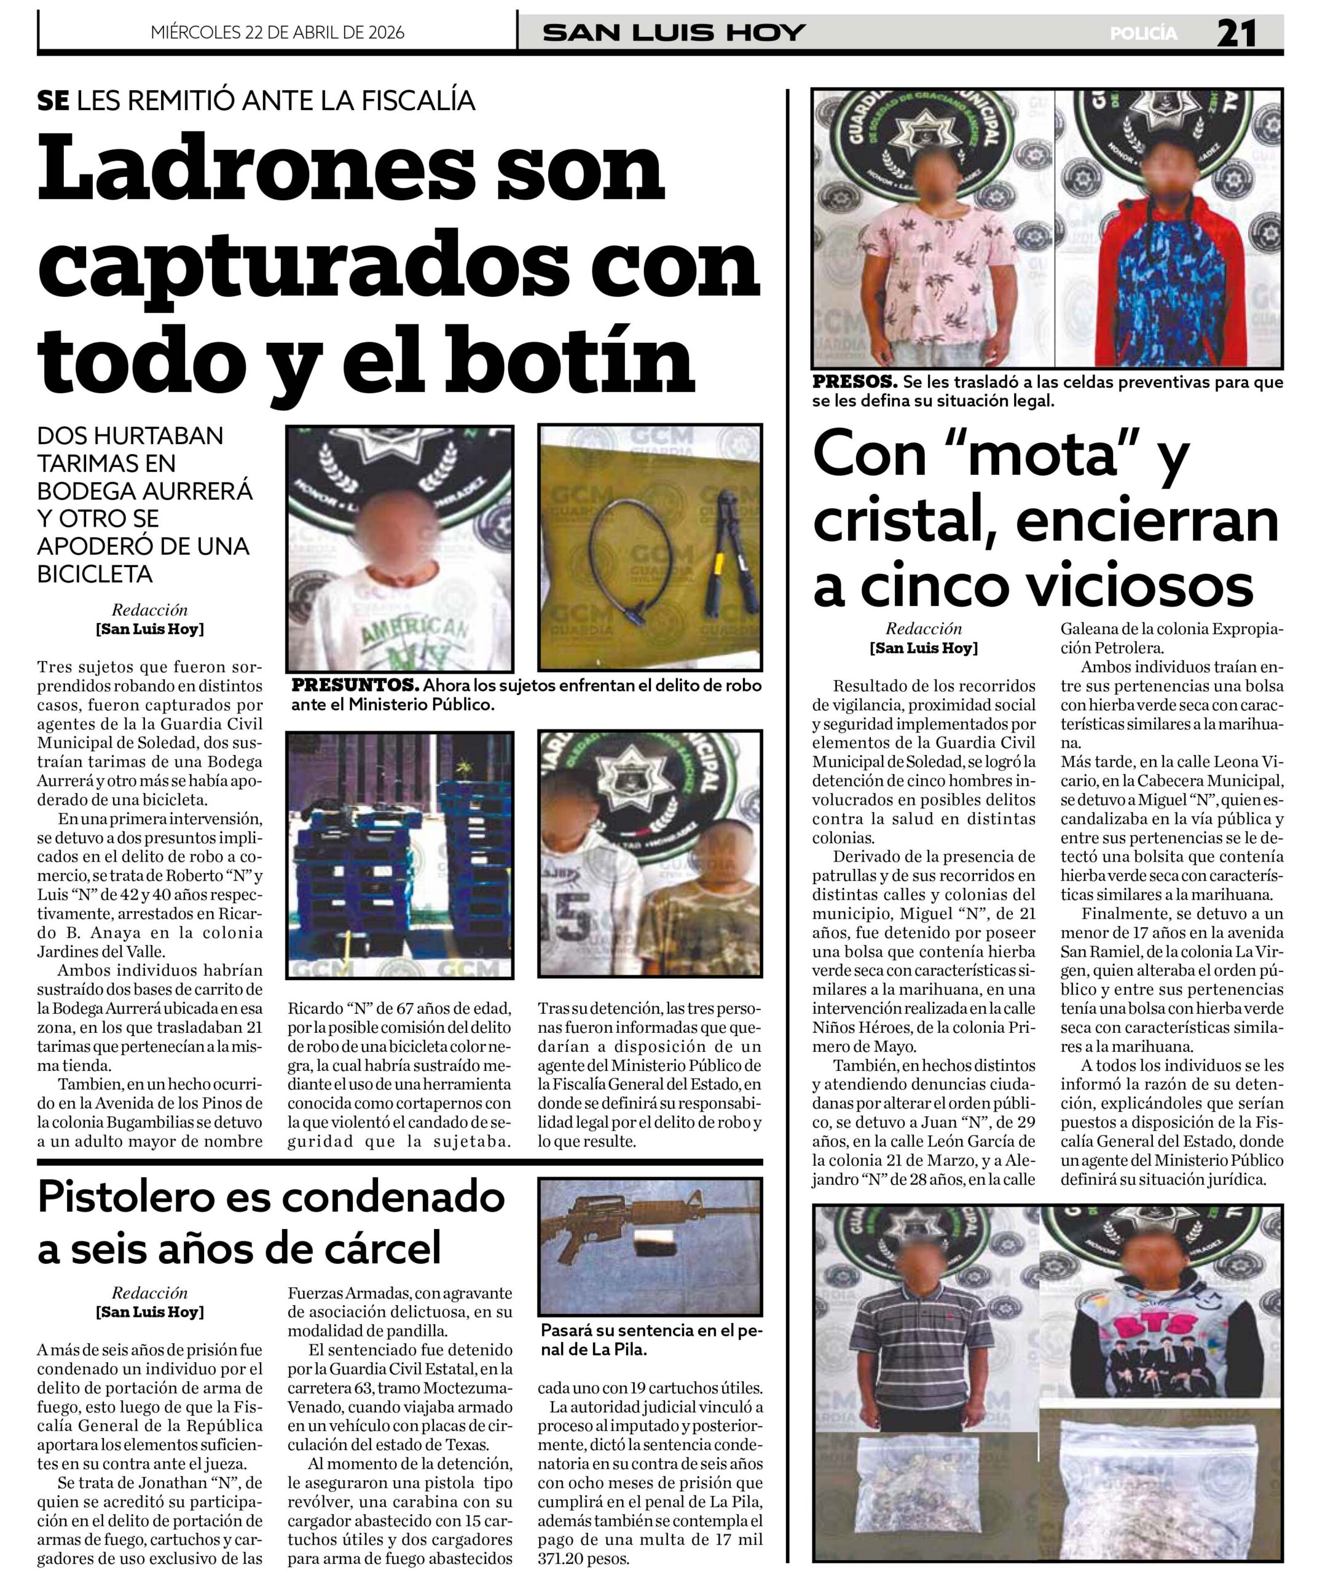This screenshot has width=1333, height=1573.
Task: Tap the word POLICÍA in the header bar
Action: pyautogui.click(x=1143, y=34)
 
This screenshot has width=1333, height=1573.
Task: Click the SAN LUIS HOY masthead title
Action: pyautogui.click(x=674, y=33)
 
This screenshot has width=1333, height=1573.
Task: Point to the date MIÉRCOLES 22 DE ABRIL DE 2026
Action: pyautogui.click(x=277, y=33)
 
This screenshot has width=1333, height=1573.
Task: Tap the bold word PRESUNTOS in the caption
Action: pyautogui.click(x=355, y=685)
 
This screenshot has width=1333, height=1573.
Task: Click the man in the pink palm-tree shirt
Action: pyautogui.click(x=932, y=257)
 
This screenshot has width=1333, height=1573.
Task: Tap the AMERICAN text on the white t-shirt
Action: pyautogui.click(x=414, y=626)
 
